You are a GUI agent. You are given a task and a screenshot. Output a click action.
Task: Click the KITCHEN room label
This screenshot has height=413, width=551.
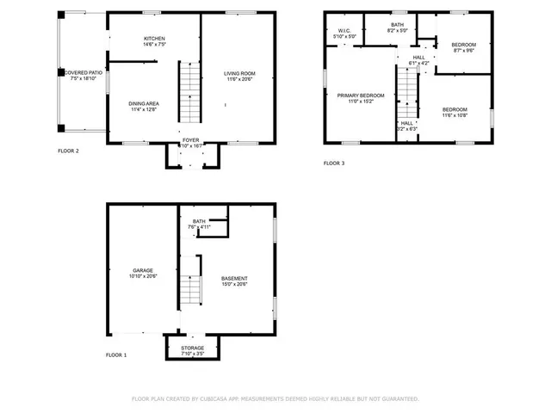pos(154,40)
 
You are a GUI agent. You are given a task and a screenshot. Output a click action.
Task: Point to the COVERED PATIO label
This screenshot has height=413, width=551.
pos(84,73)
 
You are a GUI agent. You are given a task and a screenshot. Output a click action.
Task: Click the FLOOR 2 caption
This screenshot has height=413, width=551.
pos(68,151)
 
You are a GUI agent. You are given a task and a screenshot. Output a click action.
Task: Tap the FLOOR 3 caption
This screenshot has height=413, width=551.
pos(334,163)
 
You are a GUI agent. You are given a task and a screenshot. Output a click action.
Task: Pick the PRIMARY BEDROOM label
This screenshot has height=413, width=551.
pos(360,96)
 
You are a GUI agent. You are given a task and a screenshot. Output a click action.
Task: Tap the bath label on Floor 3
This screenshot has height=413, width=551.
pos(397,25)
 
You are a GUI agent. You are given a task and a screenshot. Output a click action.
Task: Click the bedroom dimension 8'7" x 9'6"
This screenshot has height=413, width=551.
pos(463,50)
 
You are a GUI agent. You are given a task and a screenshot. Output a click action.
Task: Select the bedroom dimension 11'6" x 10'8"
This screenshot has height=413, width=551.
pos(455,115)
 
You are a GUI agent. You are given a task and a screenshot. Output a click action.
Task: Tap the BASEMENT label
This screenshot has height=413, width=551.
pos(234,278)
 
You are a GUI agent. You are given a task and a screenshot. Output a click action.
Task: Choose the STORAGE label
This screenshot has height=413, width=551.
pos(192,348)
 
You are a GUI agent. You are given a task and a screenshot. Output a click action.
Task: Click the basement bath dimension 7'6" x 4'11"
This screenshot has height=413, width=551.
pos(199,227)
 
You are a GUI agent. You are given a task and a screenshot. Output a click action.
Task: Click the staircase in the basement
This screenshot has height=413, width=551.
pos(189,290)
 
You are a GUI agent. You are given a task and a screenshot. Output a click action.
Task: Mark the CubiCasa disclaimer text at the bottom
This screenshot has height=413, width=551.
pos(275,398)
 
